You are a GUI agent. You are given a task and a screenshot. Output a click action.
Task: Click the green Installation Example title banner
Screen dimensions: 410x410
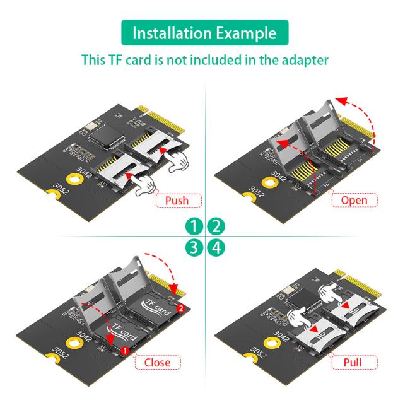(204, 33)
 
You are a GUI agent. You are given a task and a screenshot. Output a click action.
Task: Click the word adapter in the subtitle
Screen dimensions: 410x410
(305, 61)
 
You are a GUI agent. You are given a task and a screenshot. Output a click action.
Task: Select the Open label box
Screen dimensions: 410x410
(354, 201)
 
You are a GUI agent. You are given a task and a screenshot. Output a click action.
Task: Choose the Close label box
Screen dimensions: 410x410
(157, 362)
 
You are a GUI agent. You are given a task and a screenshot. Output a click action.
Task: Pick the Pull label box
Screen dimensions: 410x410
(353, 362)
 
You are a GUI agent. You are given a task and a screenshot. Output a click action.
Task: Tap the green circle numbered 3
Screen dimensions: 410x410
(195, 247)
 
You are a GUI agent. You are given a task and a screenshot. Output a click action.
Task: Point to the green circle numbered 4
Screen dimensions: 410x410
(216, 247)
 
